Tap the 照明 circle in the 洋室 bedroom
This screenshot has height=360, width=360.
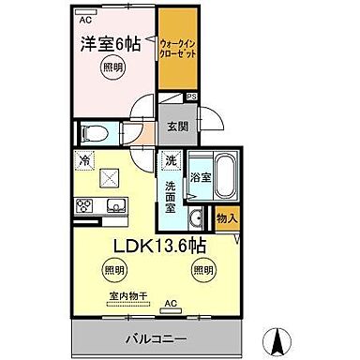point(112,67)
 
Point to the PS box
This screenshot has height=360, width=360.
point(191,96)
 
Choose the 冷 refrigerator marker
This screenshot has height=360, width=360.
point(85,159)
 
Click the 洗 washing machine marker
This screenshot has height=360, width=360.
point(171,160)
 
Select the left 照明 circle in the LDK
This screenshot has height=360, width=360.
point(112,270)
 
